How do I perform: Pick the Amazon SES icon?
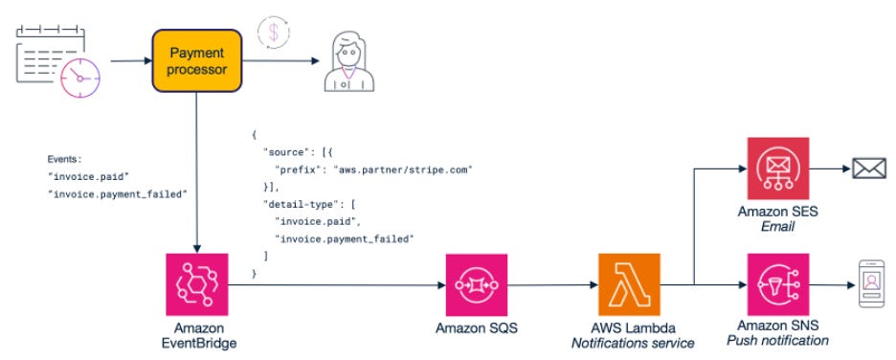tap(777, 170)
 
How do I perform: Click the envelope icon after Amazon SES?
tap(868, 170)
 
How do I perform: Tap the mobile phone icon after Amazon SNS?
tap(868, 285)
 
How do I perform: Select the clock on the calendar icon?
tap(81, 78)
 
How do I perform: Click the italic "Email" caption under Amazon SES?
tap(778, 226)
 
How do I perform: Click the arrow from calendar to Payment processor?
tap(128, 60)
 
